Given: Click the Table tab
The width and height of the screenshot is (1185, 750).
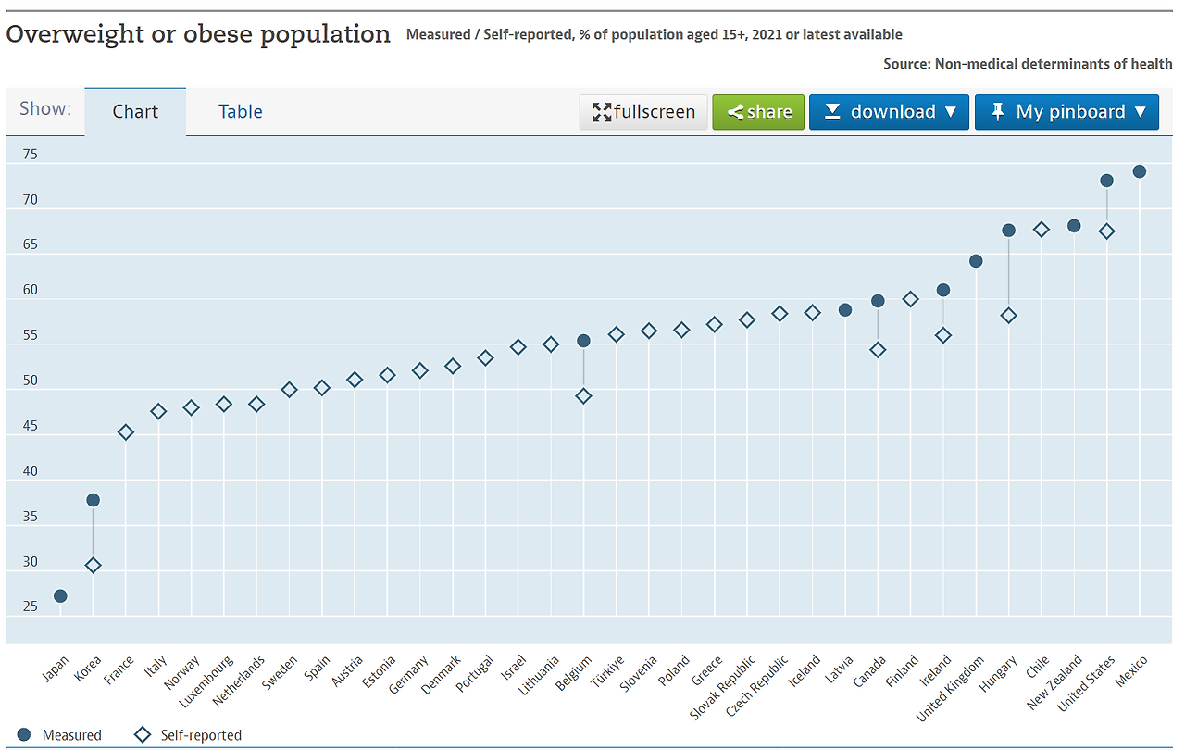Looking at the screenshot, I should (240, 112).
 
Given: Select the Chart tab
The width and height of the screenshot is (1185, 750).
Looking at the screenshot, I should (135, 112).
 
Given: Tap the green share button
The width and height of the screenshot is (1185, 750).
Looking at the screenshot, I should (758, 112).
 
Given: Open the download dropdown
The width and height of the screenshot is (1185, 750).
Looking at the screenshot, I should (889, 112).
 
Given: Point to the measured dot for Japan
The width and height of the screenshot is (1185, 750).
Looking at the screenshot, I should (60, 595).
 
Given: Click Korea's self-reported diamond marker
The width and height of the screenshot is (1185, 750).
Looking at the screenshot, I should (93, 565).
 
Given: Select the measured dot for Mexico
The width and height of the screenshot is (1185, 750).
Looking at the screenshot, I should (1140, 171).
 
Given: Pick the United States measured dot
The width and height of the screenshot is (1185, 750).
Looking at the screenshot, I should (1106, 181).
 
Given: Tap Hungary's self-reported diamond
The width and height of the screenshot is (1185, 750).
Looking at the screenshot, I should (1009, 316).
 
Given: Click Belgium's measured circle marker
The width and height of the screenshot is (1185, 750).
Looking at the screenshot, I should (583, 341).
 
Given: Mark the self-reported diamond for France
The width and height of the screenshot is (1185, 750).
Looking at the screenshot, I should (126, 432).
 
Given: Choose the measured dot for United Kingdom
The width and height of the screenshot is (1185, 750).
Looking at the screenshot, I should (976, 261).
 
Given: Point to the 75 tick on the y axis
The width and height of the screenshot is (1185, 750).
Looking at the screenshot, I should (31, 155).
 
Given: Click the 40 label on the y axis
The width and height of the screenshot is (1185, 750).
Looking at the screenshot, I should (31, 471).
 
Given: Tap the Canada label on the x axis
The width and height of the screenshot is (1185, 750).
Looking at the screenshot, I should (869, 672).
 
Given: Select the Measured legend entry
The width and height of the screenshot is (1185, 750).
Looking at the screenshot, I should (60, 735).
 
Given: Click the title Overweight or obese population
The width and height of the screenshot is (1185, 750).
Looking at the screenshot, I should (198, 34).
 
